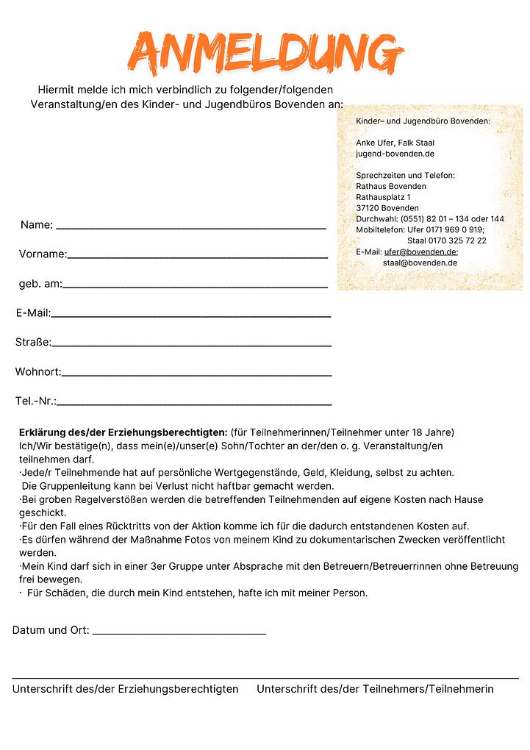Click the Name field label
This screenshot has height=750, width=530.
tap(36, 225)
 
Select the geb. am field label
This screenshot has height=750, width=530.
tap(40, 284)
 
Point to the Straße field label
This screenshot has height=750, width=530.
tap(33, 343)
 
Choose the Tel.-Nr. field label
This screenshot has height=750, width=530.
tap(35, 401)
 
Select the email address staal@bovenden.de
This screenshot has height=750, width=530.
tap(420, 262)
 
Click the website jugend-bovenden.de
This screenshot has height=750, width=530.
tap(395, 154)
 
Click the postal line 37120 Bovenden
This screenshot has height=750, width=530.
tap(387, 208)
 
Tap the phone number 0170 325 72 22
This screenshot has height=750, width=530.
tap(456, 240)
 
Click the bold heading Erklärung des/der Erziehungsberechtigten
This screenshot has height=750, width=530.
tap(123, 432)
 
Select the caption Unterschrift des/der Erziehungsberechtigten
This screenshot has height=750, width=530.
tap(125, 689)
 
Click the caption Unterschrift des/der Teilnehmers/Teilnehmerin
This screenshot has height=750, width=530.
tap(375, 689)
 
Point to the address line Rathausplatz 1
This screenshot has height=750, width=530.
tap(383, 197)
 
